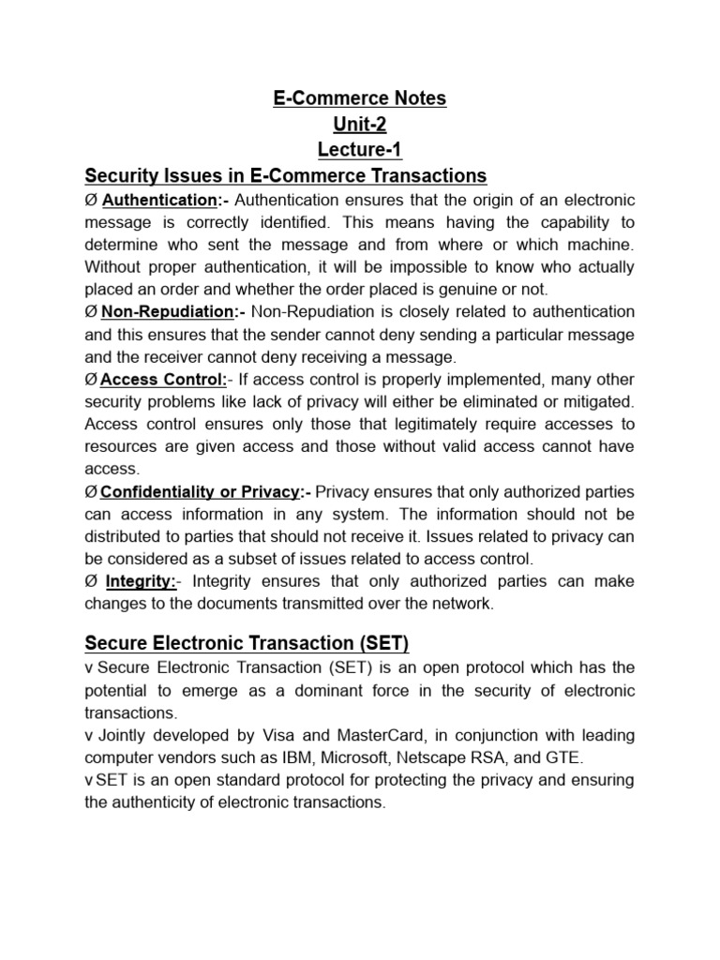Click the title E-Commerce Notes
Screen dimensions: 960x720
tap(360, 98)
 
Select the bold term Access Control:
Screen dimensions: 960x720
tap(163, 379)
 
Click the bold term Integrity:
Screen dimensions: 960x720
tap(142, 581)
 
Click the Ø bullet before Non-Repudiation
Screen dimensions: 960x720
tap(91, 311)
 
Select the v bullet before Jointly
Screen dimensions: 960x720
tap(88, 735)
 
